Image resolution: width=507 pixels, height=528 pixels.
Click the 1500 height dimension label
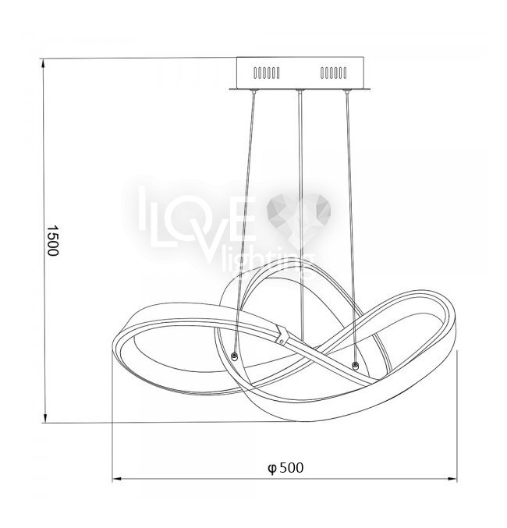pyautogui.click(x=52, y=240)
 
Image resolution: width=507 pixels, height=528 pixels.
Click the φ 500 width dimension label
pyautogui.click(x=285, y=468)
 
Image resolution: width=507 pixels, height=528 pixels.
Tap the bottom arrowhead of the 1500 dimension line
pyautogui.click(x=44, y=417)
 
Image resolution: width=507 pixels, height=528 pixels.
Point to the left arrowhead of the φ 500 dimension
pyautogui.click(x=117, y=478)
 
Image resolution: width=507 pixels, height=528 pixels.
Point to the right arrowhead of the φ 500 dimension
pyautogui.click(x=452, y=478)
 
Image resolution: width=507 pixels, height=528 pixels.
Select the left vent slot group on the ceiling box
pyautogui.click(x=267, y=73)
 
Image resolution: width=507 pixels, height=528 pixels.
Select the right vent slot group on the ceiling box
pyautogui.click(x=333, y=73)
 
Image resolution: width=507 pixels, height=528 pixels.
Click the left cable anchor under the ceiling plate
pyautogui.click(x=253, y=91)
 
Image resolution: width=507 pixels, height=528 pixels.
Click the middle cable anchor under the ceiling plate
pyautogui.click(x=300, y=91)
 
